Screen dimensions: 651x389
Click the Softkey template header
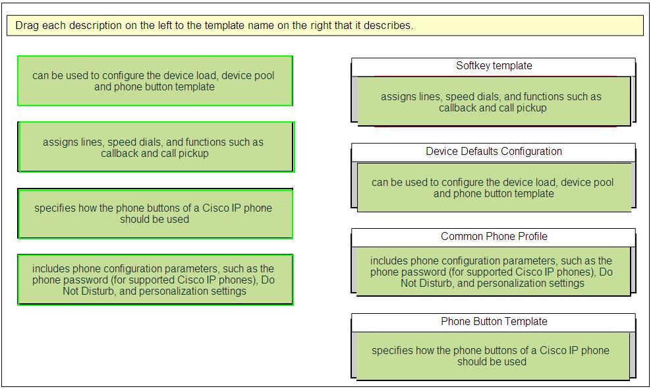(494, 66)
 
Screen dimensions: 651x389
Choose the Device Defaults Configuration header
(494, 152)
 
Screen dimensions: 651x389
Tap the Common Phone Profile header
(494, 237)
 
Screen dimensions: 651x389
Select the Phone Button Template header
(494, 322)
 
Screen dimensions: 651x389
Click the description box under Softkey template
(494, 102)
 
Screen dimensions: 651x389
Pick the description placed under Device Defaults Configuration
(494, 187)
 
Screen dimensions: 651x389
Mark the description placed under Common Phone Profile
(494, 272)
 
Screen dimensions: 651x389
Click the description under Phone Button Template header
(493, 356)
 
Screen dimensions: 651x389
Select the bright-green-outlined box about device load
(155, 81)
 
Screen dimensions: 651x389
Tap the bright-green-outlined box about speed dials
(156, 147)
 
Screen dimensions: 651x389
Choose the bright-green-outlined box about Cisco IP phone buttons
(155, 214)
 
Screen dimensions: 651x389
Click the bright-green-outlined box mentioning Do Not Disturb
(156, 280)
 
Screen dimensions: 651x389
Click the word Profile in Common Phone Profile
(532, 237)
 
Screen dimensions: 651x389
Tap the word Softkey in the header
(472, 66)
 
